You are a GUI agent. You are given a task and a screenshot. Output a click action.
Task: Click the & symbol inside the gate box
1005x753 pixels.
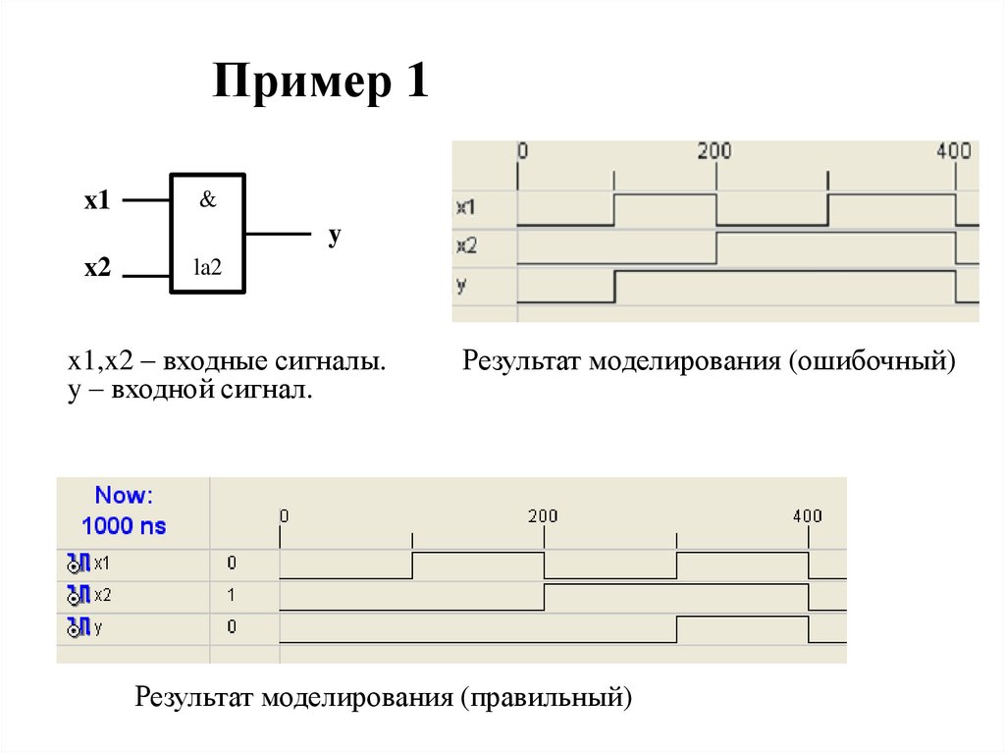[208, 199]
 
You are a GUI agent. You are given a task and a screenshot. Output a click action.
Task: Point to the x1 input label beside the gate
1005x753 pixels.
[97, 201]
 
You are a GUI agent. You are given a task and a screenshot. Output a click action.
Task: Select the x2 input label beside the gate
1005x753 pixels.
[97, 268]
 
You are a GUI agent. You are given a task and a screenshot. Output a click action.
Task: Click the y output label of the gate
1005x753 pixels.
[334, 236]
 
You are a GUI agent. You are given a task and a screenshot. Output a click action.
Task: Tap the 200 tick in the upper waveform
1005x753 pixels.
[714, 151]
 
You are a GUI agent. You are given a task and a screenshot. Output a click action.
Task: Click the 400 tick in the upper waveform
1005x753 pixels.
[953, 151]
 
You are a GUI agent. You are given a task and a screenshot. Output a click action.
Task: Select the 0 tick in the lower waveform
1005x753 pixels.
[285, 515]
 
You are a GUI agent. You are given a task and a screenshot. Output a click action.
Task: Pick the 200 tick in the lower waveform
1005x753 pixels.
[543, 515]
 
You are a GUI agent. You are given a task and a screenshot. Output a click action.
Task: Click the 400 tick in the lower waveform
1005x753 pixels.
[808, 515]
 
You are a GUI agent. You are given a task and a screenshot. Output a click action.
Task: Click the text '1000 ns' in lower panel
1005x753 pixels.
[124, 525]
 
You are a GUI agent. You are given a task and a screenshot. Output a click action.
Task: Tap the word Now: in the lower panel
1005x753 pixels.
[124, 495]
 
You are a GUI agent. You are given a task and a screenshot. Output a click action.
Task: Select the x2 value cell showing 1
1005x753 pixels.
[232, 594]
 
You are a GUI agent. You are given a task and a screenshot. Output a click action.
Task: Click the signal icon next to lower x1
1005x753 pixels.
[79, 564]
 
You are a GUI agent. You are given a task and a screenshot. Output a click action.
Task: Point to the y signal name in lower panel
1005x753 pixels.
[98, 626]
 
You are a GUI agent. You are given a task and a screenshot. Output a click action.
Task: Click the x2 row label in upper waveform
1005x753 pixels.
[466, 245]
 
